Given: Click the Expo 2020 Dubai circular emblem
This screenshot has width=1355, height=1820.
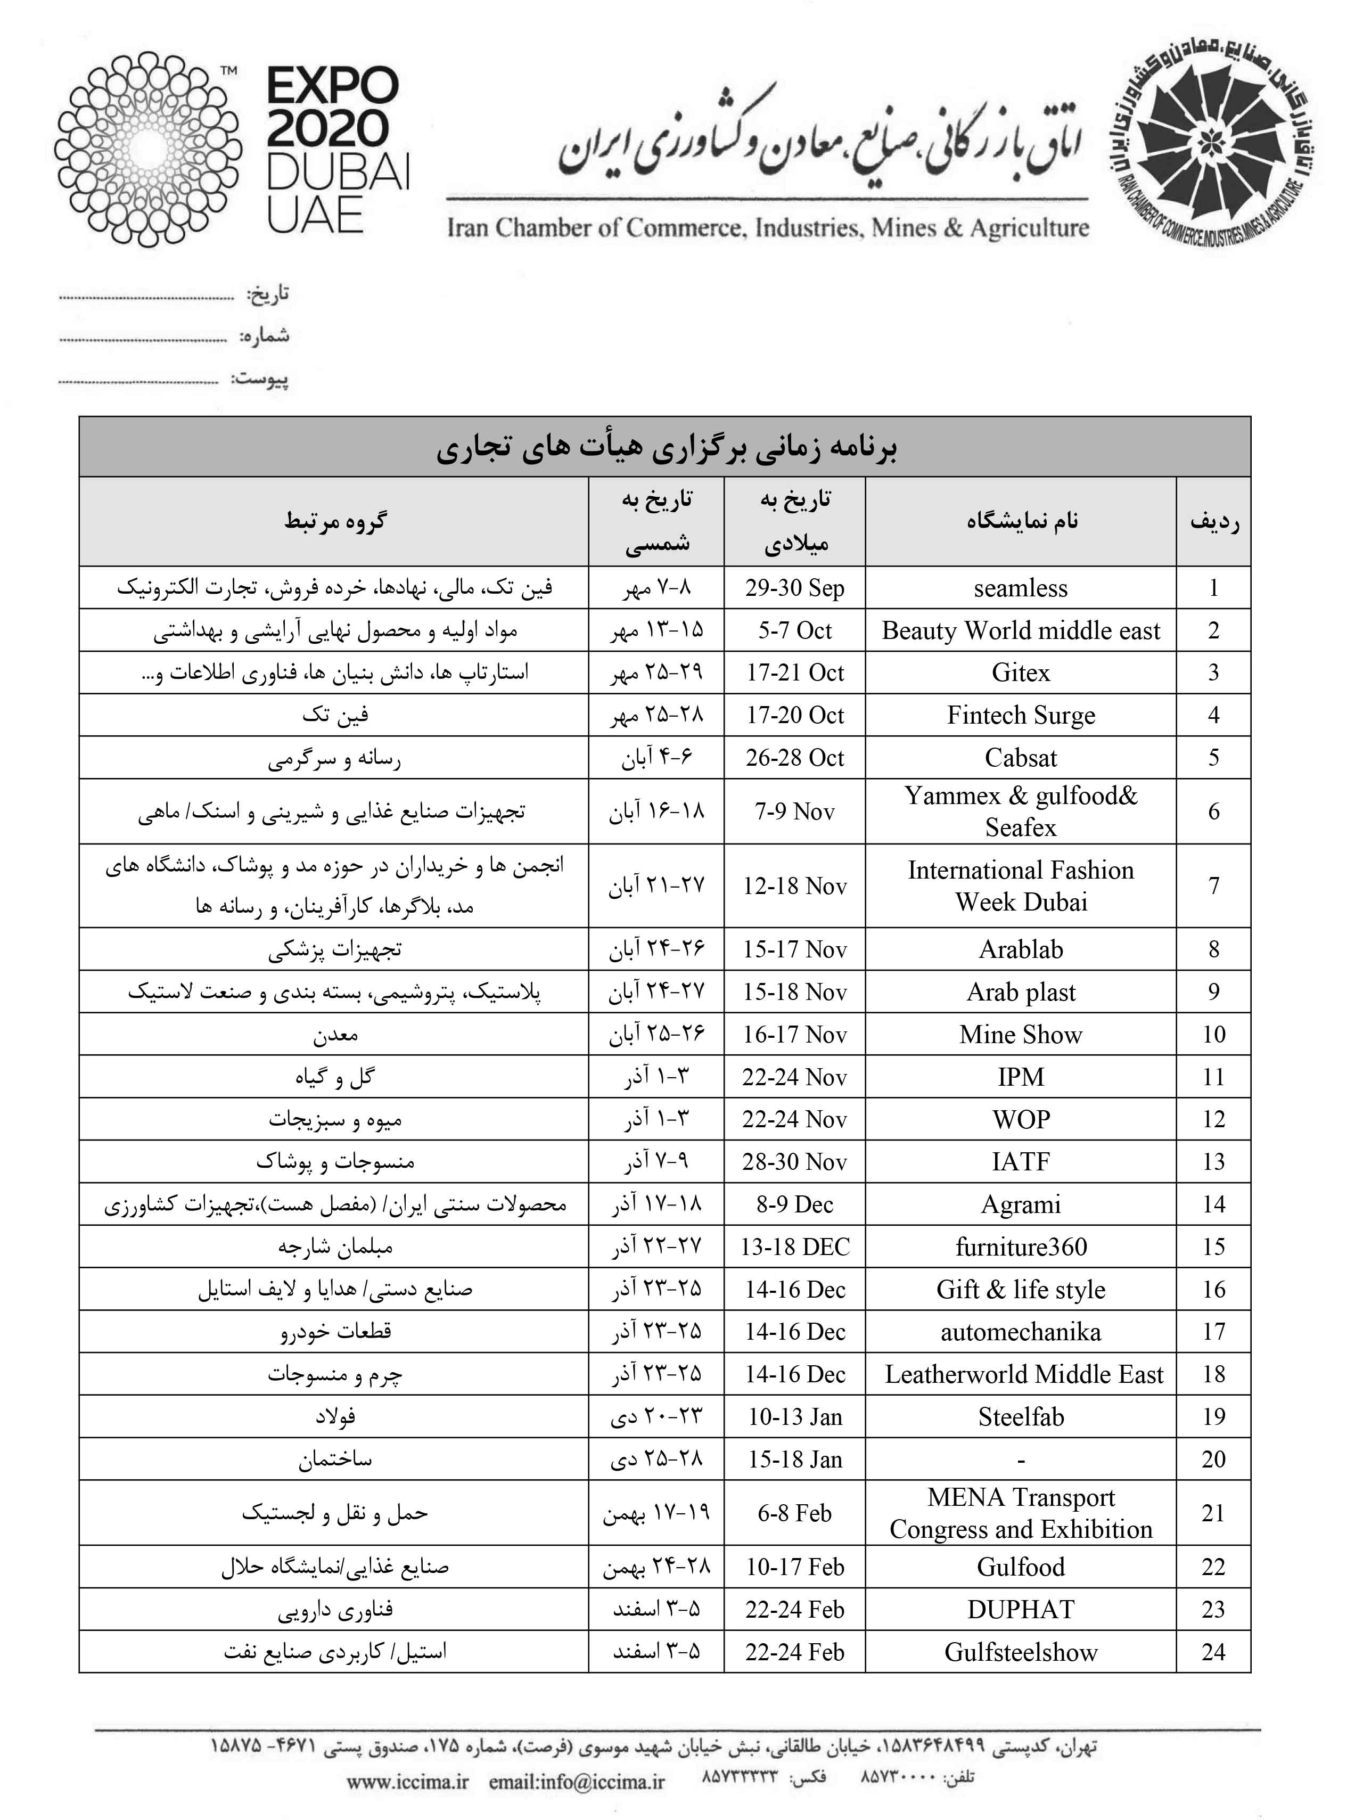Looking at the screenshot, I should (x=147, y=149).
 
